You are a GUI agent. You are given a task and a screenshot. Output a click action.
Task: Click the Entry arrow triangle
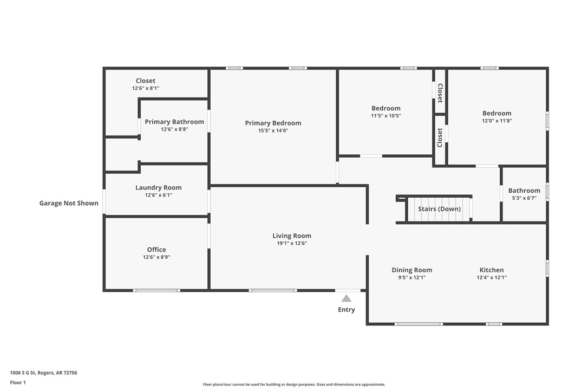point(347,298)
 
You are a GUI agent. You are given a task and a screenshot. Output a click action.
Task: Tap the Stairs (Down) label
point(439,209)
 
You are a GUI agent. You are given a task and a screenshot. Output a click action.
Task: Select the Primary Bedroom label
point(273,123)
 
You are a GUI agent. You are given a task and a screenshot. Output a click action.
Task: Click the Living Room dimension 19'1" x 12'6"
point(292,244)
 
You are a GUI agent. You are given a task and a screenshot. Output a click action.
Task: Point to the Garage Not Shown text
point(69,203)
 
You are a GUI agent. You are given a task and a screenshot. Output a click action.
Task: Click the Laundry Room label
point(158,187)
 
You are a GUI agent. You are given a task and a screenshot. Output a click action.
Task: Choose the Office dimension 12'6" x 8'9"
point(156,257)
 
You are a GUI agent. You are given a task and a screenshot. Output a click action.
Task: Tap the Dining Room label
point(411,270)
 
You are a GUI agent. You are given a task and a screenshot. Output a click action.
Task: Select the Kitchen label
point(491,270)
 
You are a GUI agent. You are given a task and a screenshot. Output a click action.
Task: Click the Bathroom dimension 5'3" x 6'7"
point(524,198)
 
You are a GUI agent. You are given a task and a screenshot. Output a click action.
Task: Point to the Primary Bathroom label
point(174,122)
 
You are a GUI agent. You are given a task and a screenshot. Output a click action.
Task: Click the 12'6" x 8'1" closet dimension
point(146,88)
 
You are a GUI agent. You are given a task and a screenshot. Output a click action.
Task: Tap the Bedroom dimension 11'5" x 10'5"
point(386,116)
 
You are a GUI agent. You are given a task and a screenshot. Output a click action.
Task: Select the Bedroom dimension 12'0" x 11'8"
point(496,121)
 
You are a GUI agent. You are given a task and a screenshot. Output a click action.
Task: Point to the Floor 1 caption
point(18,382)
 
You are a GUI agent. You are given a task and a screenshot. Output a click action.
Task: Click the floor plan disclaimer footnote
point(294,384)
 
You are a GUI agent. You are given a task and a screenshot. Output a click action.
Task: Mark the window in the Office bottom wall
point(156,291)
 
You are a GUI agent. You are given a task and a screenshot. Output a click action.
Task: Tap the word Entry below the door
point(347,310)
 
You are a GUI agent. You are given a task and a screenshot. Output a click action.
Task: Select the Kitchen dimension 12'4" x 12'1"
point(491,278)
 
